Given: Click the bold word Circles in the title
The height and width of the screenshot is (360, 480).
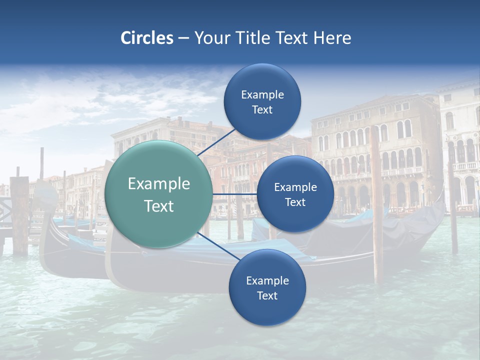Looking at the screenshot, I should [147, 38].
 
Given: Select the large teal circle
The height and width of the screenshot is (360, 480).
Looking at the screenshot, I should [158, 194].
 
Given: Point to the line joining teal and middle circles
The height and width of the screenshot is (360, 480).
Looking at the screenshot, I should [234, 194].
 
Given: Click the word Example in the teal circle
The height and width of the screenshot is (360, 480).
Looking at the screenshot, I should [159, 184].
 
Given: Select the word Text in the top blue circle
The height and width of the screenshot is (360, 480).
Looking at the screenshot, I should [262, 109].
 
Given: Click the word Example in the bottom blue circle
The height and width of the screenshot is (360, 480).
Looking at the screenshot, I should [267, 281].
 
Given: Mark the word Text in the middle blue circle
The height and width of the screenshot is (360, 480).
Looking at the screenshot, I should [295, 202].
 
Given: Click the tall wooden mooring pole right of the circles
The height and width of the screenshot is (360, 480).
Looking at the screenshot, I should [376, 200].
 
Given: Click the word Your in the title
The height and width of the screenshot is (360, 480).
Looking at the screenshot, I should [209, 38].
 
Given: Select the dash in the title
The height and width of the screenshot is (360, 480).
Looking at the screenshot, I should [183, 38].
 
